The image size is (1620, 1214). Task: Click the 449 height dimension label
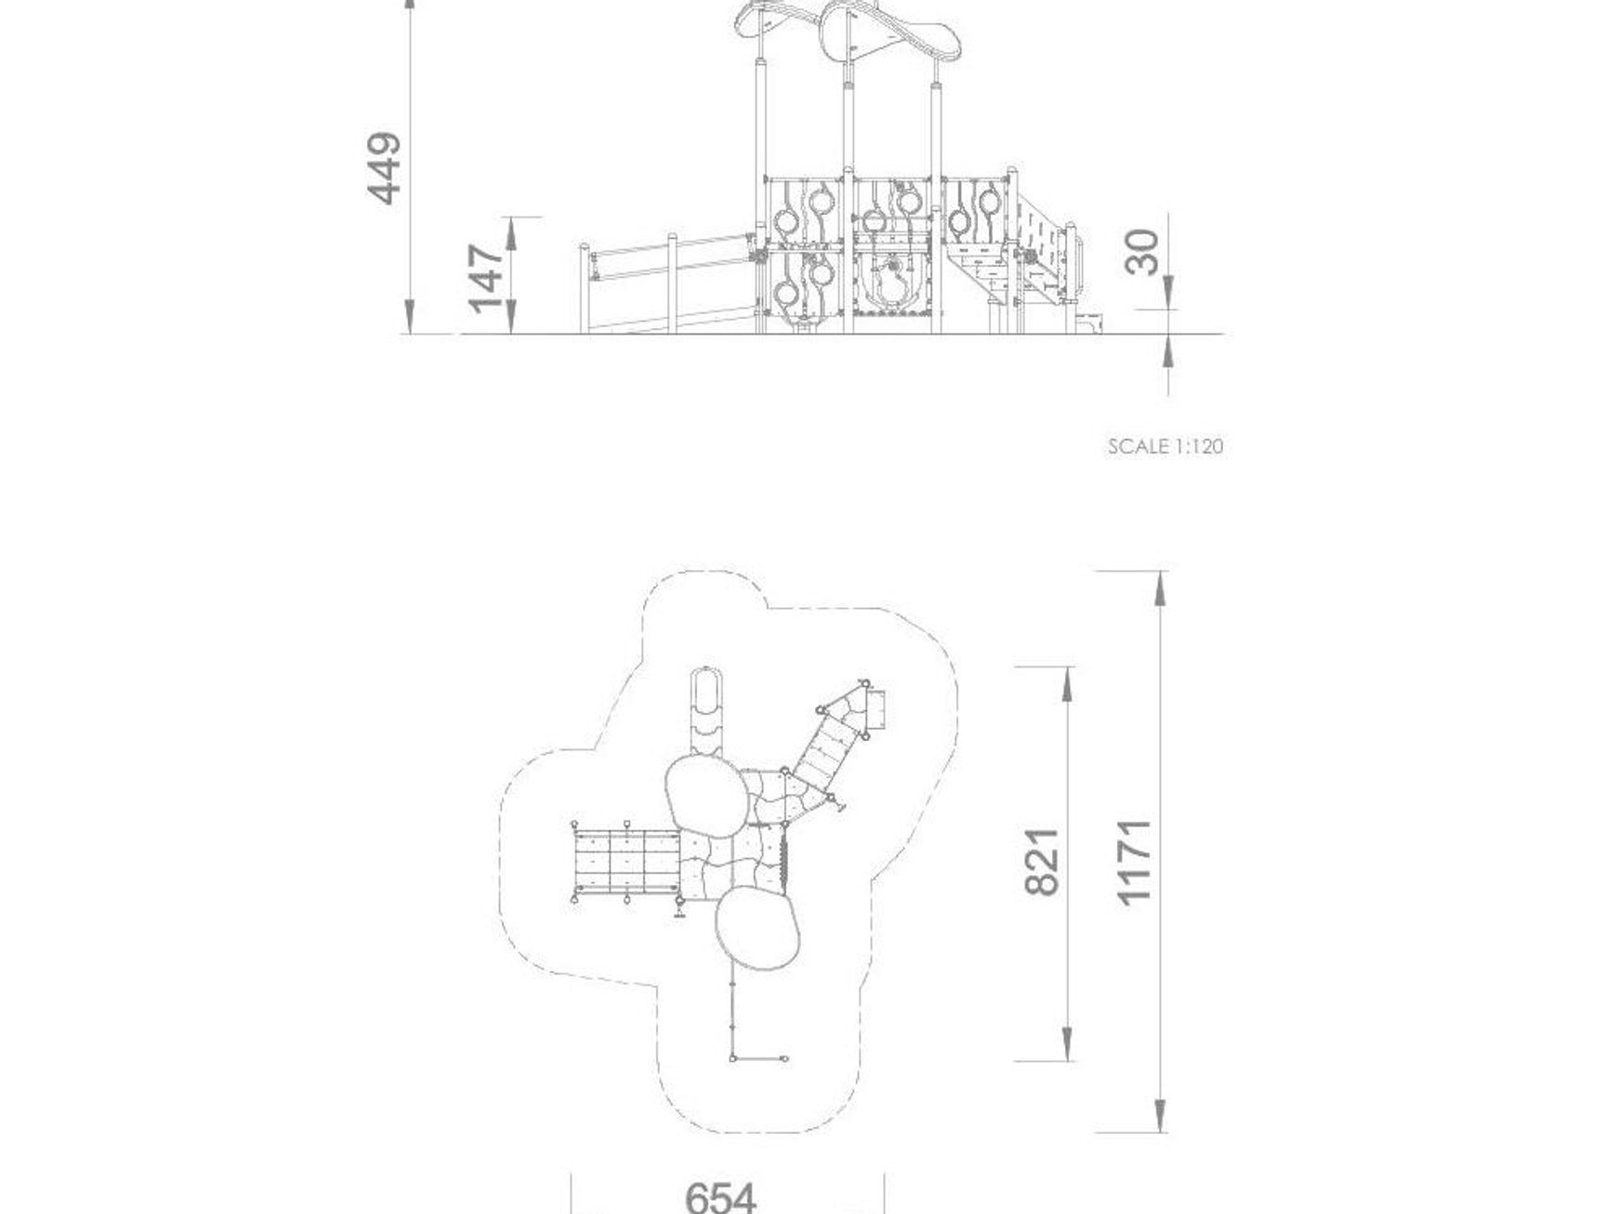tap(385, 168)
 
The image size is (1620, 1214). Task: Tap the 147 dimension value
tap(486, 277)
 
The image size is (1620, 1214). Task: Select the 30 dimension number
tap(1143, 253)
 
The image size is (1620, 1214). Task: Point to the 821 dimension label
tap(1042, 861)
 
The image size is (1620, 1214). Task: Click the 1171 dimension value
tap(1135, 861)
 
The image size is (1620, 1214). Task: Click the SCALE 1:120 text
tap(1166, 446)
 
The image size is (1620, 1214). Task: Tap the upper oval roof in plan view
tap(705, 793)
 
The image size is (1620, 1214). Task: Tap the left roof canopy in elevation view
tap(778, 20)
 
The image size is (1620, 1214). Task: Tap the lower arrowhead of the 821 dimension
tap(1067, 1042)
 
